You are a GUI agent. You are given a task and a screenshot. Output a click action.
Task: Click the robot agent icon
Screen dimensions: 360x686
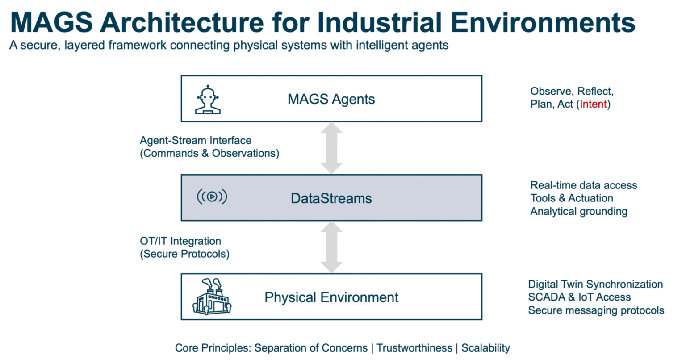208,99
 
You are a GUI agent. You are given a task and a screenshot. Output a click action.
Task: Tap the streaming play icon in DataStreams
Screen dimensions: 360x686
212,197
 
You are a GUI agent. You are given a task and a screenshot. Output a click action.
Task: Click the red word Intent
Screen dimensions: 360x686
593,105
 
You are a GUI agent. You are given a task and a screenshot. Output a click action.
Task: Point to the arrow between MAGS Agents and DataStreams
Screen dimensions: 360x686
331,148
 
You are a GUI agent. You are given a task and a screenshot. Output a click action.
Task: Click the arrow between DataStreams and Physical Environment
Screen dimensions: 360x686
331,247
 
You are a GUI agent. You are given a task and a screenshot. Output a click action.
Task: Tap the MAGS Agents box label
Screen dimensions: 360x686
331,99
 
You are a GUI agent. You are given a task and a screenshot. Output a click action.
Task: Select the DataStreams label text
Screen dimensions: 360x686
331,198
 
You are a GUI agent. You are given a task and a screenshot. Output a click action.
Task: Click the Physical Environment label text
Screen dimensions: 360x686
331,297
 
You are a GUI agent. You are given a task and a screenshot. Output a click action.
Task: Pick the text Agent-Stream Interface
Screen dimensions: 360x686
196,141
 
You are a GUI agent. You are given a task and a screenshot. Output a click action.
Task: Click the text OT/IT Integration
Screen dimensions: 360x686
180,241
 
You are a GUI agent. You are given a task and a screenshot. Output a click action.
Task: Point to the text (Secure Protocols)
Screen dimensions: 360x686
184,254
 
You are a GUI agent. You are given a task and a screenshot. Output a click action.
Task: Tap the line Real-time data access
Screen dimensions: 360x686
583,185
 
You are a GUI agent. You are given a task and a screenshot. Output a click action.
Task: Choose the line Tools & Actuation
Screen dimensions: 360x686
571,198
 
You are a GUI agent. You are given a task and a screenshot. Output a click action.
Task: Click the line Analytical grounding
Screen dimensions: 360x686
578,211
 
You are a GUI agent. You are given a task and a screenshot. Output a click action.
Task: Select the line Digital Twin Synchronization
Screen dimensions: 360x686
595,285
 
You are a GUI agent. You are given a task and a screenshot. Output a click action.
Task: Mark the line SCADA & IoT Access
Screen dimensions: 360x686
579,297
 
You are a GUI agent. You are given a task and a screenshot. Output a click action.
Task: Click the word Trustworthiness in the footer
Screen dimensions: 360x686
414,348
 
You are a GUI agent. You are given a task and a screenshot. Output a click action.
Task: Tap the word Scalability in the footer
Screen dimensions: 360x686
485,348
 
